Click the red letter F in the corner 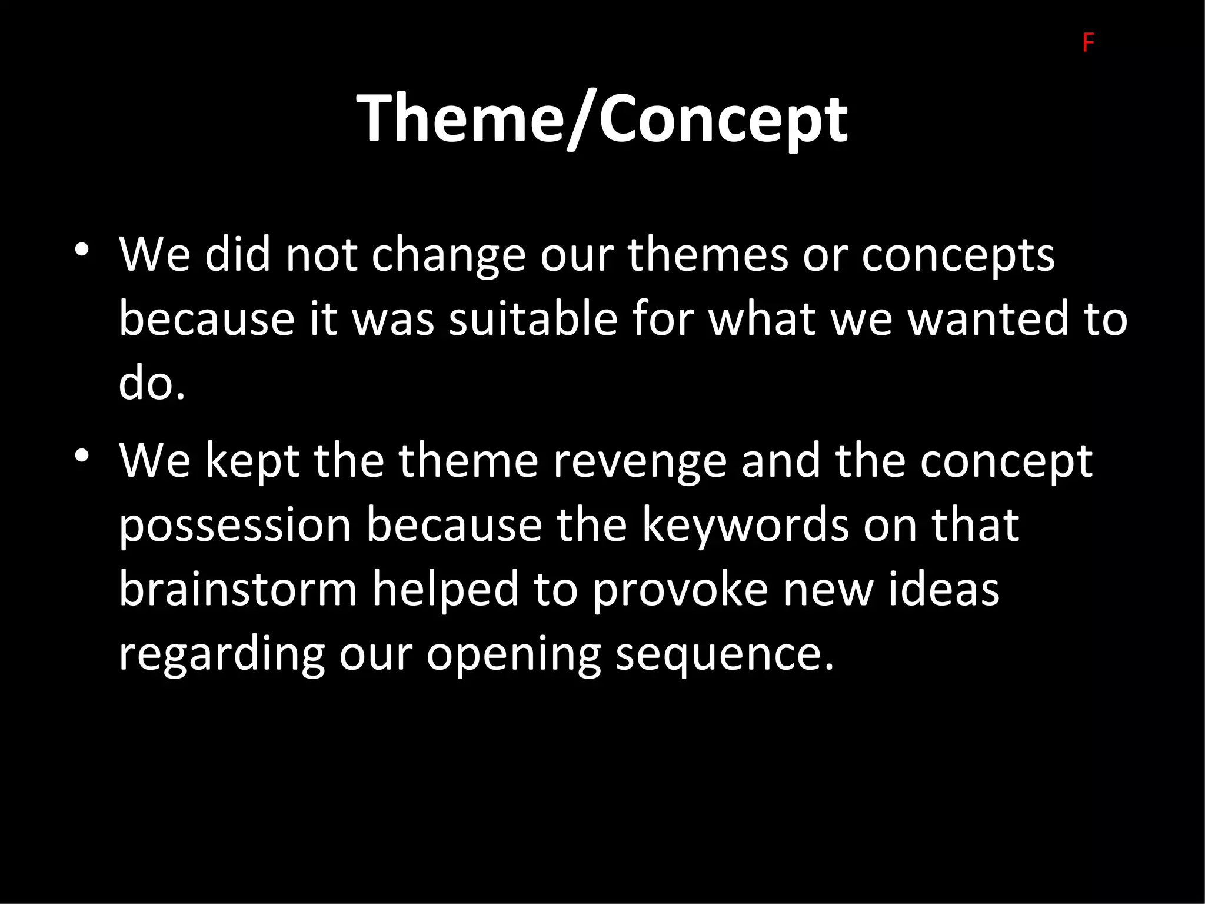(1088, 44)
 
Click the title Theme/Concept (602, 119)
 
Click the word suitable (533, 318)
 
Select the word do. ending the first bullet (152, 383)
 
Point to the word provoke (680, 591)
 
